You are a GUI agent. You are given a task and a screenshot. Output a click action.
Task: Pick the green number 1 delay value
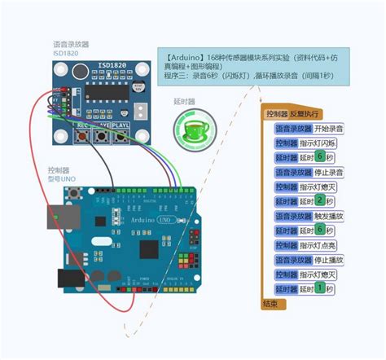click(320, 288)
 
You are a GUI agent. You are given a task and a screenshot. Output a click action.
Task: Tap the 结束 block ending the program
click(270, 303)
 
